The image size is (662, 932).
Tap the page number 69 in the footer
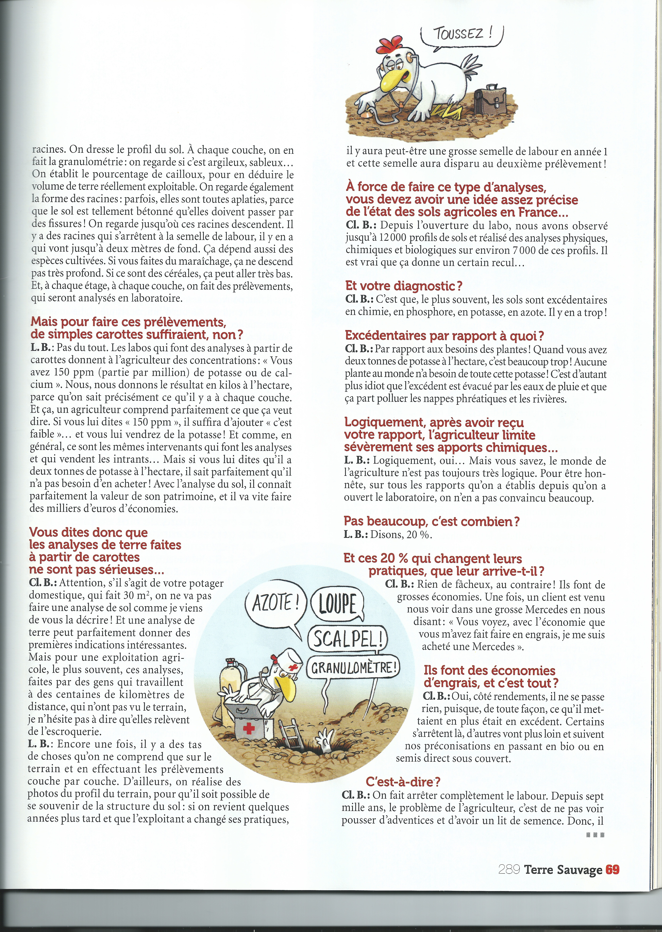(x=612, y=870)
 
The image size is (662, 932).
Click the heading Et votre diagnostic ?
(x=404, y=286)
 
